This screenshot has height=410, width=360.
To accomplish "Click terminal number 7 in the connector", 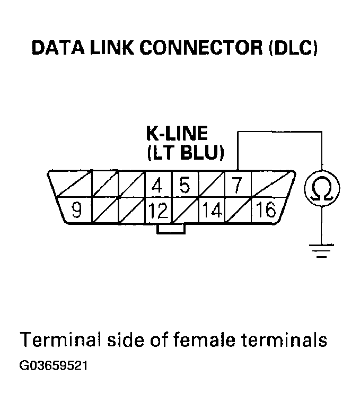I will (237, 185).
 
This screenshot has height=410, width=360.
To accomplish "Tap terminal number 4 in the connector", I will (157, 186).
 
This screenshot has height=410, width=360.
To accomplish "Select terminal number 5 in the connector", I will (184, 186).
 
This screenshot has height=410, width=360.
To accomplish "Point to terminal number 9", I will (77, 211).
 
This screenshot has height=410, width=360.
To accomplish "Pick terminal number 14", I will (212, 211).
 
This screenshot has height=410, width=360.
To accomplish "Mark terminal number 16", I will (265, 211).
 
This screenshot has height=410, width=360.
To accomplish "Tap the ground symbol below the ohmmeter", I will (321, 249).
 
